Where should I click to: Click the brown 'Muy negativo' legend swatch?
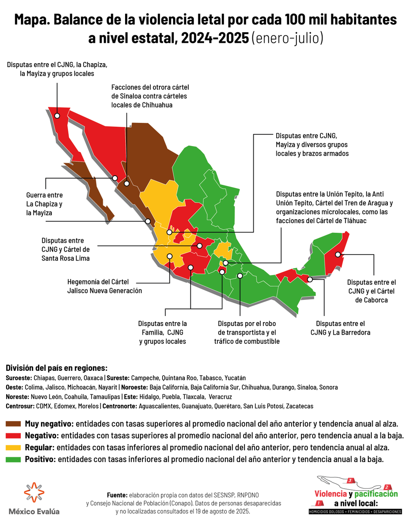coord(14,424)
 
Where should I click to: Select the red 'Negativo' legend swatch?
coord(14,435)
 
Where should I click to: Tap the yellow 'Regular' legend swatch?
coord(14,447)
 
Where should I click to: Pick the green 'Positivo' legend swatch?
coord(14,459)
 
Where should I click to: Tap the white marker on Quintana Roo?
coord(337,255)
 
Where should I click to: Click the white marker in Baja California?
coord(57,116)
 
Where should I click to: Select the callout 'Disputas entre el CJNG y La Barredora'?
coord(340,328)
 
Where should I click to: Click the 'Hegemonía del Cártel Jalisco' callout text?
coord(105,286)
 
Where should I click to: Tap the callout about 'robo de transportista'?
coord(247,333)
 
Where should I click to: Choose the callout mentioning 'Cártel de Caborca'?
coord(372,291)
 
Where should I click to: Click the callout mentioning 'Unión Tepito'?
coord(334,207)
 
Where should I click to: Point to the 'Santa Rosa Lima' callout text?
coord(65,249)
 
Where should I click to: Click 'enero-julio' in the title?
coord(287,38)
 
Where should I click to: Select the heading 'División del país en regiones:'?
coord(56,368)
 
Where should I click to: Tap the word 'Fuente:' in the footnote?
coord(117,495)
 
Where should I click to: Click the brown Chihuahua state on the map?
coord(148,153)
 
